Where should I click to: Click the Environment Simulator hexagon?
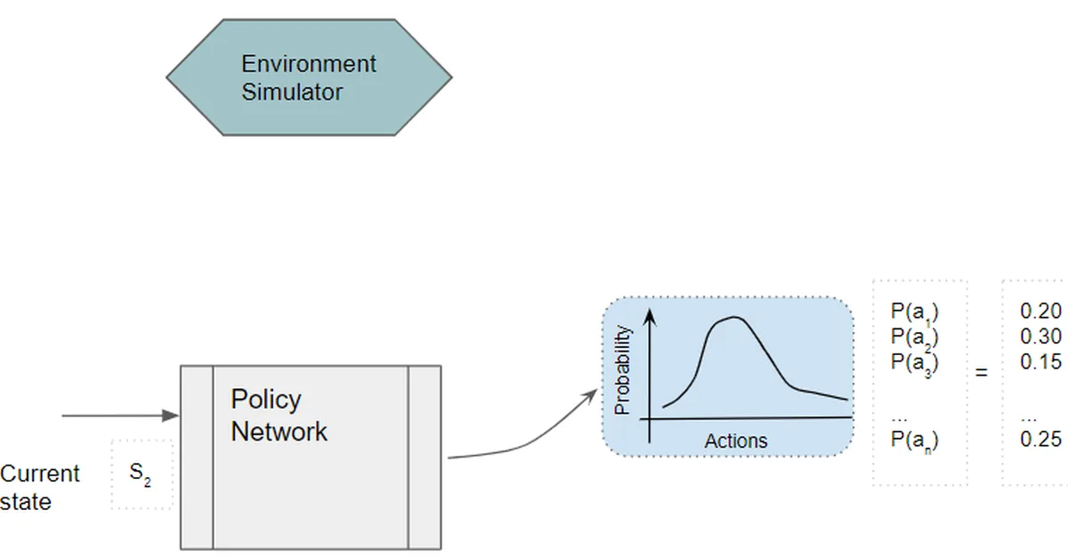point(309,78)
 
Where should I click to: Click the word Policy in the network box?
point(265,399)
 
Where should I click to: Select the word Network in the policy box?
point(279,432)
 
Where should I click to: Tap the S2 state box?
point(141,474)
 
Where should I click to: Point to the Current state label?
point(39,487)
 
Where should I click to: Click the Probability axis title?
point(623,369)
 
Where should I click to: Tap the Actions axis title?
point(735,441)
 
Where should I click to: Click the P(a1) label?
point(914,312)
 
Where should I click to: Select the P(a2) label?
point(914,337)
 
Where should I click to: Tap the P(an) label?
point(914,439)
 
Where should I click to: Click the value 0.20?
point(1040,311)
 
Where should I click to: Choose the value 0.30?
point(1040,336)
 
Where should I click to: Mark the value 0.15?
point(1040,362)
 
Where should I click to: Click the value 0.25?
point(1040,439)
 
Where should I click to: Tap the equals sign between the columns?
point(982,373)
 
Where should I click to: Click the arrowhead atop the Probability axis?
point(650,315)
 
